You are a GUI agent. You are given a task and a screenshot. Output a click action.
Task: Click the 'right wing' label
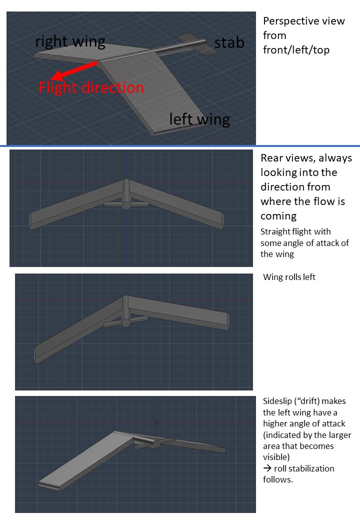tap(70, 42)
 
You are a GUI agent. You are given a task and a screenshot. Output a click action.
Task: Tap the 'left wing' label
tap(199, 119)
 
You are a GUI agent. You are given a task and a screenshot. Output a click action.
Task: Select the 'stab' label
tap(229, 43)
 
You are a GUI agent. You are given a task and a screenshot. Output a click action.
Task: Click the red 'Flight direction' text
tap(91, 87)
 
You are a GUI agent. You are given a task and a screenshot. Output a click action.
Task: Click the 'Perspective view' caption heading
tap(304, 21)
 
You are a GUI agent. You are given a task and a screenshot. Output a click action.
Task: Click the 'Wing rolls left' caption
tap(289, 277)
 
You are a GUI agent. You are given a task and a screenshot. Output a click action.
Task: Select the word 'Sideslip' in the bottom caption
tap(277, 401)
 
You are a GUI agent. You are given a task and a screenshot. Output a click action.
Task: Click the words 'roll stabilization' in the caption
tap(304, 468)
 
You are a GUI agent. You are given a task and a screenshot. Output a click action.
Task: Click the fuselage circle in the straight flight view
tap(126, 205)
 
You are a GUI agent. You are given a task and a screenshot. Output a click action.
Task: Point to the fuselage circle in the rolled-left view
tap(125, 322)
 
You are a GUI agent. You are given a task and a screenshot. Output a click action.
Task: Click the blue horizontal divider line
tap(180, 146)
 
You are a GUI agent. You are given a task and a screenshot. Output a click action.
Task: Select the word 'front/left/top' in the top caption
tap(296, 50)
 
